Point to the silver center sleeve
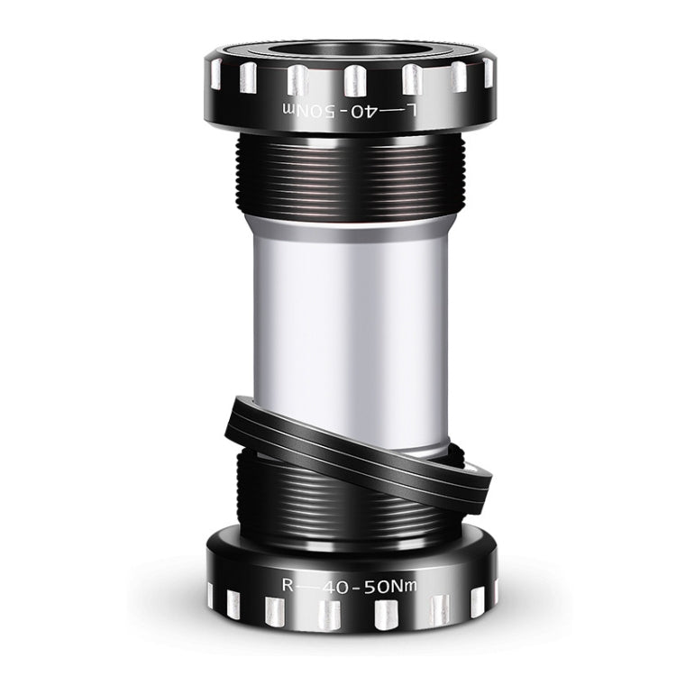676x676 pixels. pos(351,324)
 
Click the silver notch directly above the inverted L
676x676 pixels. pos(412,78)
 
